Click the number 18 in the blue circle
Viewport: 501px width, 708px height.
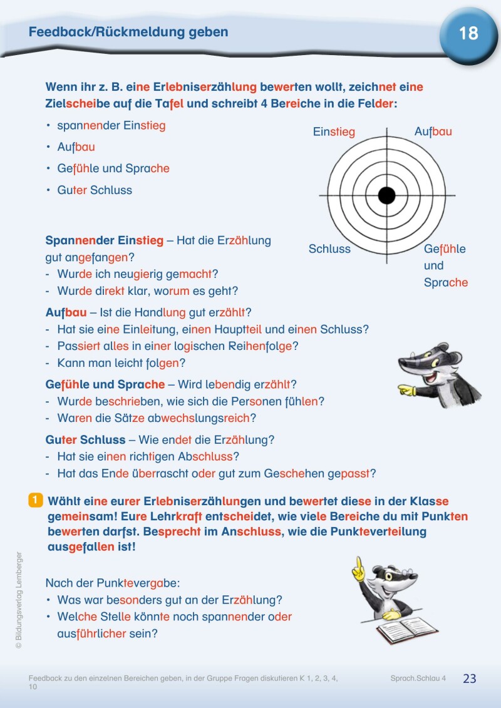pos(468,34)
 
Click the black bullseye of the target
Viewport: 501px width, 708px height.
pos(387,195)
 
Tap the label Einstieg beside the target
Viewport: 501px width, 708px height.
pos(334,132)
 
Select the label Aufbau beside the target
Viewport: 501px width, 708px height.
pos(433,131)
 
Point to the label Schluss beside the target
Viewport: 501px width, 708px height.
pos(329,249)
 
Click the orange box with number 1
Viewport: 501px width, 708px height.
pos(36,500)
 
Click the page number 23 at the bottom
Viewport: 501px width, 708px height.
pos(470,679)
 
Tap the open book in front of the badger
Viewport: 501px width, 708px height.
pos(408,630)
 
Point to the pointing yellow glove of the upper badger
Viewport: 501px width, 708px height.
pos(406,391)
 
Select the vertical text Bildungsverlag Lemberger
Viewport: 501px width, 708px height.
pos(19,599)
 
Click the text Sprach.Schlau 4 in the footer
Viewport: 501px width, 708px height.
pos(418,679)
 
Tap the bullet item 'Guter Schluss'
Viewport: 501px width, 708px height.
pos(95,190)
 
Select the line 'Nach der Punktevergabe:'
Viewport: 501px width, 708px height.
pos(112,583)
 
